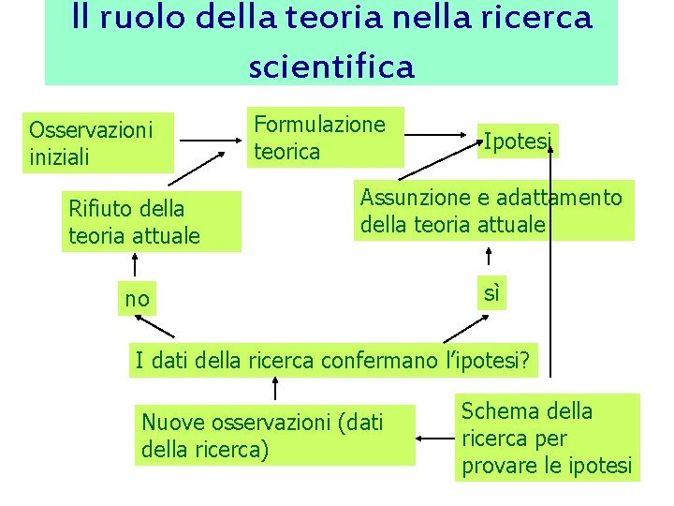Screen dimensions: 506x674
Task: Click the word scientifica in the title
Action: (x=330, y=67)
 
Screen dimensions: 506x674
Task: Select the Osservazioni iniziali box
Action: (x=98, y=143)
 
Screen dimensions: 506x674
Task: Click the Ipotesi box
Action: (x=518, y=141)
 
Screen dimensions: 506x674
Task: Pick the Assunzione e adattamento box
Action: (x=492, y=211)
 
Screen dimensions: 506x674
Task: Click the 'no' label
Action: (x=137, y=299)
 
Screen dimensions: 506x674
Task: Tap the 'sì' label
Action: (x=491, y=292)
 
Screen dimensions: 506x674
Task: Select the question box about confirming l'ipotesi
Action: (x=334, y=360)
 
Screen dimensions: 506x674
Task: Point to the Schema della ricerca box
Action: (x=547, y=438)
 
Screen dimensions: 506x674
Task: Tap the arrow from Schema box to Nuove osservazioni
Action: (x=435, y=438)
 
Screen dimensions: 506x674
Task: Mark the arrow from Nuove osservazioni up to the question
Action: (x=274, y=389)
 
